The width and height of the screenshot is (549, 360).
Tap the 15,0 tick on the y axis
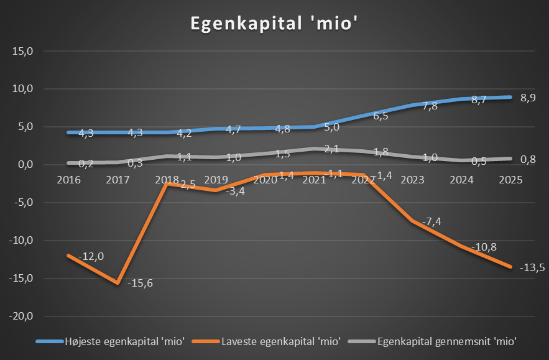pyautogui.click(x=22, y=51)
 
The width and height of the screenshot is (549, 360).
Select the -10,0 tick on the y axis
pyautogui.click(x=21, y=241)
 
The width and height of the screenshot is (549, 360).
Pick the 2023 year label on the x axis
pyautogui.click(x=413, y=180)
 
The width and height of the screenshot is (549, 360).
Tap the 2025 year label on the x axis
pyautogui.click(x=510, y=180)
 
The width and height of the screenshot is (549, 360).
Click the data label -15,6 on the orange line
pyautogui.click(x=140, y=284)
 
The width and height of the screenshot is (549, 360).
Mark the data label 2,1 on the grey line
pyautogui.click(x=331, y=149)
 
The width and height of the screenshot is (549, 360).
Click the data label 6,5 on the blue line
pyautogui.click(x=381, y=116)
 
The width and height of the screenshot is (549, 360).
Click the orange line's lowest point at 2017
pyautogui.click(x=117, y=283)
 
